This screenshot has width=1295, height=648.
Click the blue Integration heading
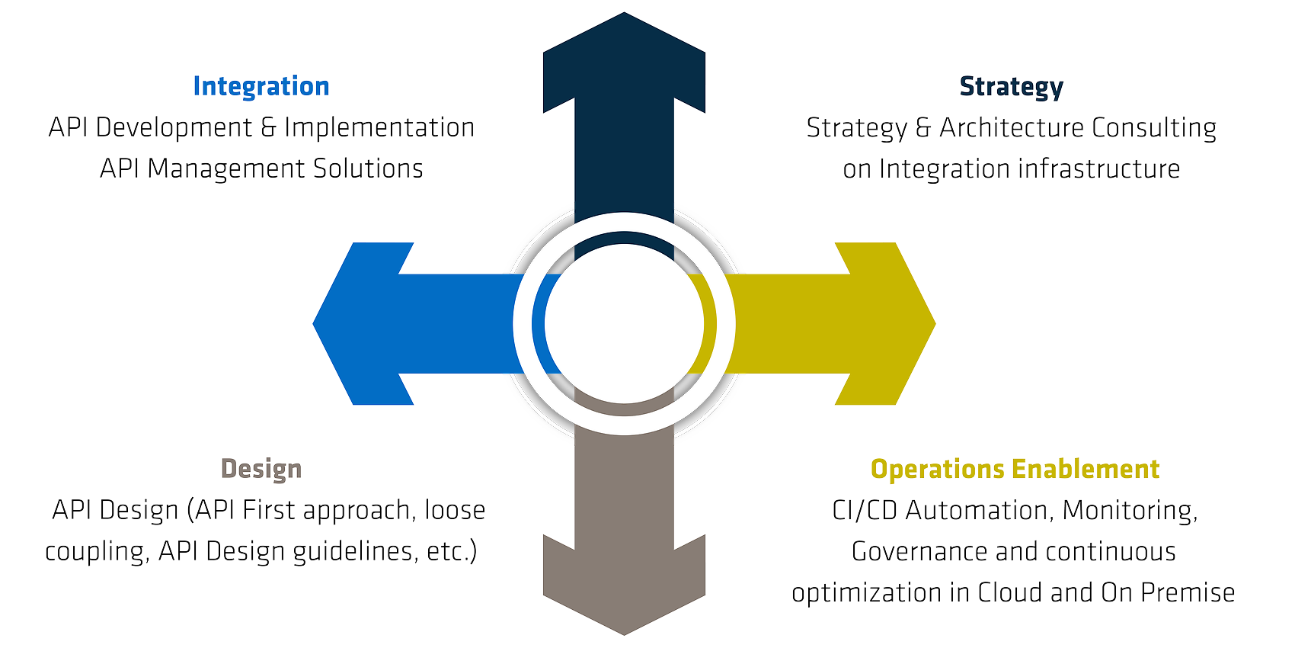click(261, 86)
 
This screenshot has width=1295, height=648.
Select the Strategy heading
click(1011, 86)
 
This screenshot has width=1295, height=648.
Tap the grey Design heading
click(261, 469)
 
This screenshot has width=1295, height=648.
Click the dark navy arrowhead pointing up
click(624, 61)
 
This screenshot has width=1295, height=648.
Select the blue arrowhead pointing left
click(358, 323)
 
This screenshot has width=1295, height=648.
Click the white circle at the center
click(624, 323)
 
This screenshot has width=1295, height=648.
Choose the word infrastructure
click(1099, 168)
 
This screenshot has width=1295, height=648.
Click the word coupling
click(96, 551)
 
